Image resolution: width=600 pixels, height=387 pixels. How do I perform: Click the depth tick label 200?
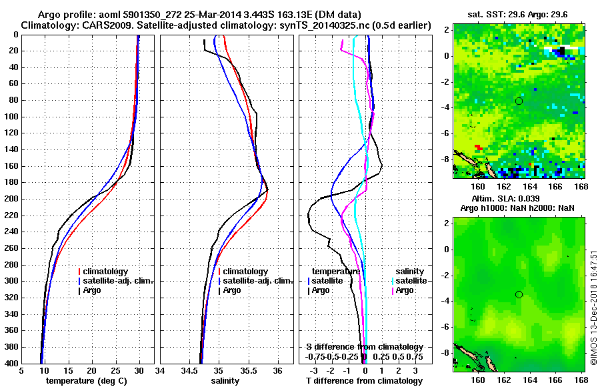[11, 199]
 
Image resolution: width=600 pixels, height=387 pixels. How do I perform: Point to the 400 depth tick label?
[11, 364]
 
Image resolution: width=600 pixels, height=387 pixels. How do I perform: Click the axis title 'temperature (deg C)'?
[87, 380]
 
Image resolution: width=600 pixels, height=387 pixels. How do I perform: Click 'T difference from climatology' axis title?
[364, 380]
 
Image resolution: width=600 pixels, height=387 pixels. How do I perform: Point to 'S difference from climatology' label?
[365, 347]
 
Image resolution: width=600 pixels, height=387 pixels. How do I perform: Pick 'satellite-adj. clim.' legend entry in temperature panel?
[117, 281]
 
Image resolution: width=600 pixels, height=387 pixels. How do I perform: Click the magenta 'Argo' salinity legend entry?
[404, 290]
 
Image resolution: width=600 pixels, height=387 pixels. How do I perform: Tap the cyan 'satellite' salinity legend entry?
[409, 281]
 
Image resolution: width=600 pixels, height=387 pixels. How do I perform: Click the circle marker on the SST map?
[519, 101]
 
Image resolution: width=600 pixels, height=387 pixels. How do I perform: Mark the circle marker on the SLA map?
[519, 294]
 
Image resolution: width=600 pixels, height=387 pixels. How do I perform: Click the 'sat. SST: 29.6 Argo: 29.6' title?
[517, 13]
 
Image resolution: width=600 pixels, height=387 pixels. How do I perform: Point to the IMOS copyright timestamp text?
[593, 306]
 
